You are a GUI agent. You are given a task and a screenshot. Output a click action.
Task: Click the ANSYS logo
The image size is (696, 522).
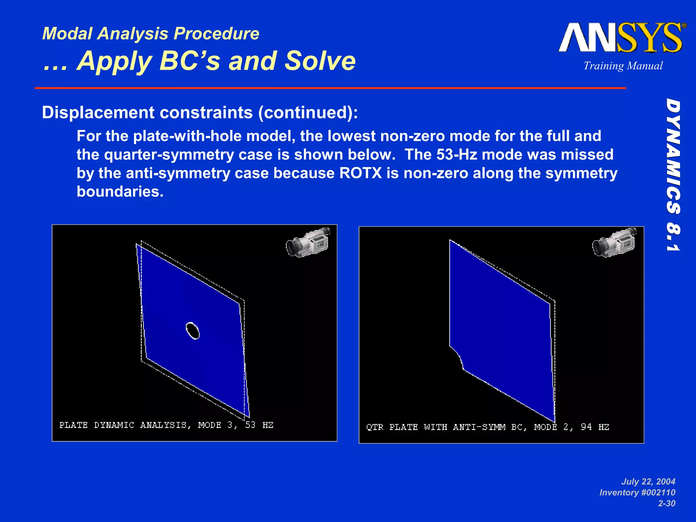(x=622, y=38)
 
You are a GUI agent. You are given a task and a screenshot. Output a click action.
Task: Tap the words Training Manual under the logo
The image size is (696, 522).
(x=623, y=66)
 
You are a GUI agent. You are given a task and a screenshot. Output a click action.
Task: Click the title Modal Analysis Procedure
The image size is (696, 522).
(x=151, y=34)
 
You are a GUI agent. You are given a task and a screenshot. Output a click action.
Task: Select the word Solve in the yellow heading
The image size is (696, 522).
(x=320, y=61)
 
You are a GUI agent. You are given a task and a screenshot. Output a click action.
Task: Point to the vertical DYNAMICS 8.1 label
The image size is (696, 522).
(x=673, y=175)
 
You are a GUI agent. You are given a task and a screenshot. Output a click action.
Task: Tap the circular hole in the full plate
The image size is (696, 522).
(x=193, y=330)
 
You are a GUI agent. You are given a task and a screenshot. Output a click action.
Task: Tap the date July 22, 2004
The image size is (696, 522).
(x=648, y=482)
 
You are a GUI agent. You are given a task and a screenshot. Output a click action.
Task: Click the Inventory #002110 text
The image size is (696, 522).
(x=637, y=492)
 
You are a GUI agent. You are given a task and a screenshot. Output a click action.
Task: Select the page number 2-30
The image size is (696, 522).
(x=666, y=503)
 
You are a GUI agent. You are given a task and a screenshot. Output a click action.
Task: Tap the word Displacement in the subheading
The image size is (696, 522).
(x=98, y=112)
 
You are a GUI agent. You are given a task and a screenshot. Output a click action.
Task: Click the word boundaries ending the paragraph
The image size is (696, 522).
(x=120, y=192)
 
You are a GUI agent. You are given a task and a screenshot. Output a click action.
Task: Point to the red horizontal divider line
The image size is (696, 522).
(x=330, y=88)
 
